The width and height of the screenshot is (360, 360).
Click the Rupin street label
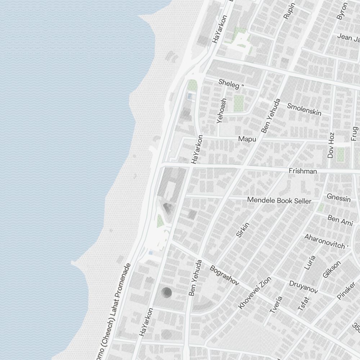coord(289,11)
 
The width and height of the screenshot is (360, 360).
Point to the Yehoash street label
coord(222,111)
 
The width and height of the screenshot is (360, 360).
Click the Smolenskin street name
coord(304,109)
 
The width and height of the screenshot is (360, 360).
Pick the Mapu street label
coord(247,139)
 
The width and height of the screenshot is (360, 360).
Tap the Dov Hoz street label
coord(331,145)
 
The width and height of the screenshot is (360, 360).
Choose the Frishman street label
coord(303,171)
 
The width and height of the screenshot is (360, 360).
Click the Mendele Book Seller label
coord(279,200)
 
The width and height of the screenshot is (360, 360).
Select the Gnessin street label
coord(338,197)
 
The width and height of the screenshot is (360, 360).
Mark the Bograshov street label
coord(224,275)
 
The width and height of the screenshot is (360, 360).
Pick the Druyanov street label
coord(303,287)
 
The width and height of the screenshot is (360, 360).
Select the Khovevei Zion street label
coord(250,293)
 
